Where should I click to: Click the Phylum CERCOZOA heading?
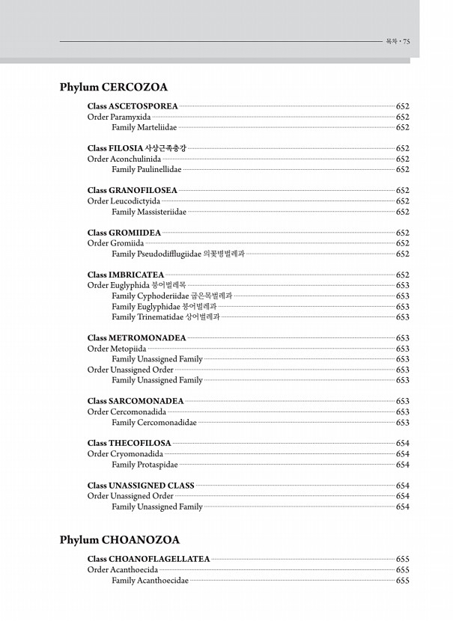pos(113,88)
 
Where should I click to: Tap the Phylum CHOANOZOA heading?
pos(119,539)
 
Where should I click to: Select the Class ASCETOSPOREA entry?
pos(133,107)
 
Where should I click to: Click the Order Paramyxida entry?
pos(119,117)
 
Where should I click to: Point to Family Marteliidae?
pos(144,128)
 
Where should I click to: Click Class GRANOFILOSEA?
pos(133,191)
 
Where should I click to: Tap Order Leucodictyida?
pos(124,201)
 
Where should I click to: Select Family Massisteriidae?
pos(149,212)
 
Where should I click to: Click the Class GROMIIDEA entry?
pos(124,233)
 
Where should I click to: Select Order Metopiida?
pos(117,349)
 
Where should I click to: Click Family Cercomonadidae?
pos(154,423)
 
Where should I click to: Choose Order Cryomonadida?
pos(125,454)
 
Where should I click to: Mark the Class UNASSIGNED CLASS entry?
pos(141,486)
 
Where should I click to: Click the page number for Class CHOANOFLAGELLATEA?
pos(402,559)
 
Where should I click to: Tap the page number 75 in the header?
pos(406,42)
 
